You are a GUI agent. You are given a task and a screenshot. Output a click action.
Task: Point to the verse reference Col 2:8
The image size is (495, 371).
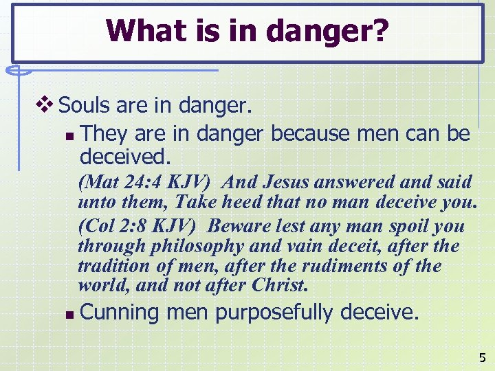coord(118,226)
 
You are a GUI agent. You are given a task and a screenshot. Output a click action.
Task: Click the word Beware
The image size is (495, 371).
coord(234,226)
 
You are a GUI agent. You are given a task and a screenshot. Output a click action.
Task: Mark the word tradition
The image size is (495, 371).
coord(111,265)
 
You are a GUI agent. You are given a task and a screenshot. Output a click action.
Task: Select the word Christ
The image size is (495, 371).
coord(278,284)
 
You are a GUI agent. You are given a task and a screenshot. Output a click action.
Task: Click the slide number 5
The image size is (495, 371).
coord(482,357)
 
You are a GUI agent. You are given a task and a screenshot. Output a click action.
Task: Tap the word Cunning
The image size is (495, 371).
coord(120,313)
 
